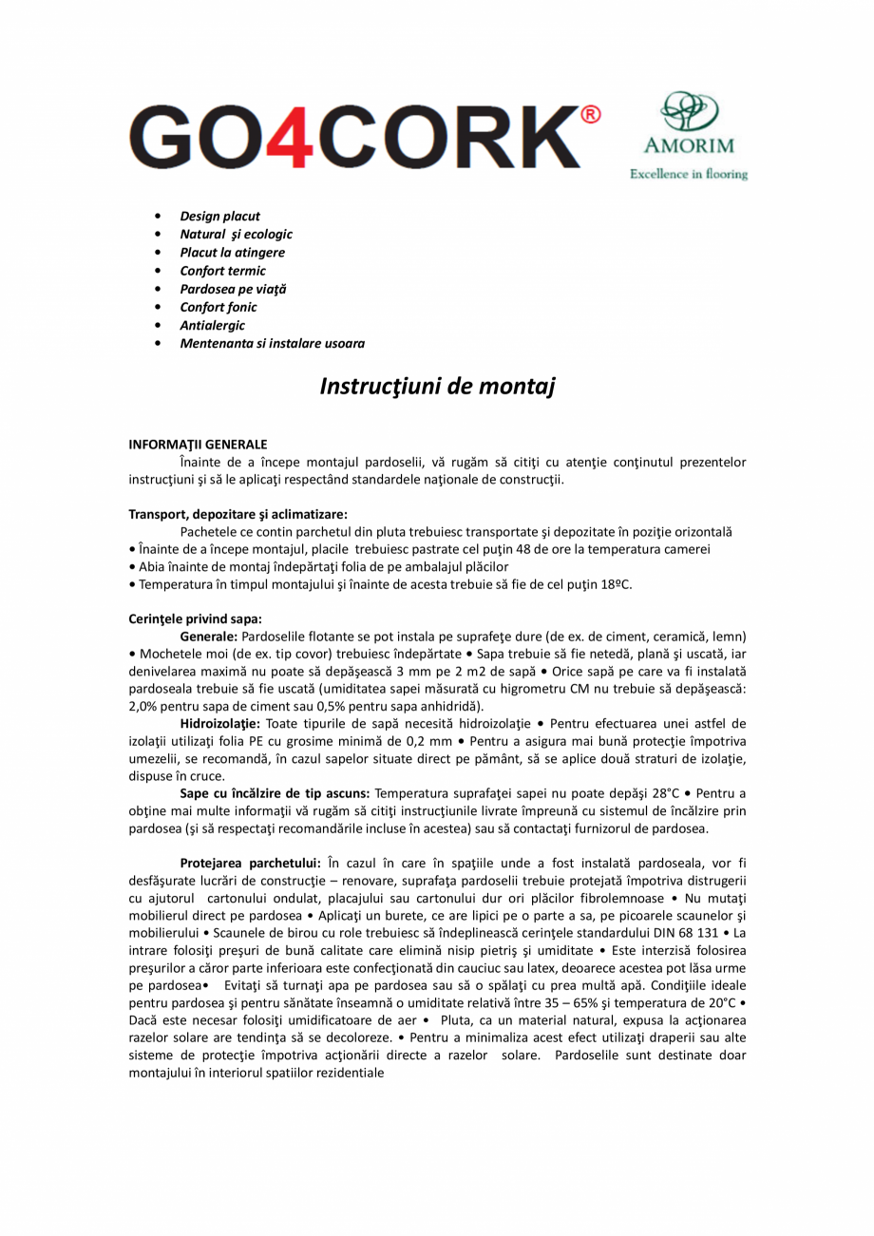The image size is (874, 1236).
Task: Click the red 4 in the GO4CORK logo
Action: pos(293,137)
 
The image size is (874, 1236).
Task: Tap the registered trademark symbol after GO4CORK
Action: pos(589,116)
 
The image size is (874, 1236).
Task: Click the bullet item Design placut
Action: pos(219,216)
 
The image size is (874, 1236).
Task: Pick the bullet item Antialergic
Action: pos(212,325)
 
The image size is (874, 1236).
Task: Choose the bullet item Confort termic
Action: pos(222,271)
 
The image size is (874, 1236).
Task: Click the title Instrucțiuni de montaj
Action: pos(436,387)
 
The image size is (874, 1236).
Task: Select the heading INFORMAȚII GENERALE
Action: pos(198,444)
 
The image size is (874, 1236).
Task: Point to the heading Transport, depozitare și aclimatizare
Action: pos(237,514)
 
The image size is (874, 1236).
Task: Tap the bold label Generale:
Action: pos(209,636)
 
